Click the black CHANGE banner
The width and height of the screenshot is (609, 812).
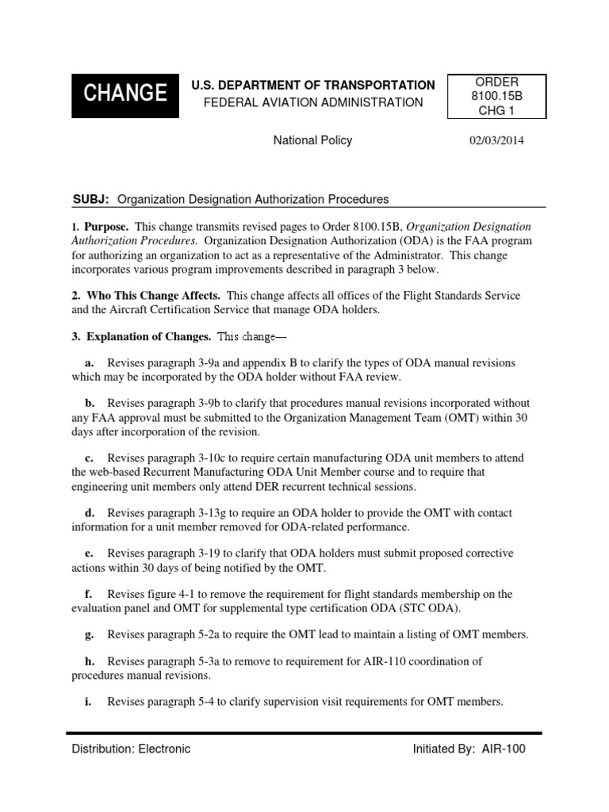coord(120,94)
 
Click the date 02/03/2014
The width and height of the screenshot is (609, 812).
coord(497,141)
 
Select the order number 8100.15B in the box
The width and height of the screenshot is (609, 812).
coord(496,96)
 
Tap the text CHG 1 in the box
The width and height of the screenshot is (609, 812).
coord(496,109)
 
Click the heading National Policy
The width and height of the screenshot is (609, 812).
coord(312,140)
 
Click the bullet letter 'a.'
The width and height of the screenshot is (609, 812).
coord(90,362)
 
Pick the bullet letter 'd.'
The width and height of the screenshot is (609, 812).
coord(90,513)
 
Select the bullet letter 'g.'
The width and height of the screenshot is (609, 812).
coord(90,634)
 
